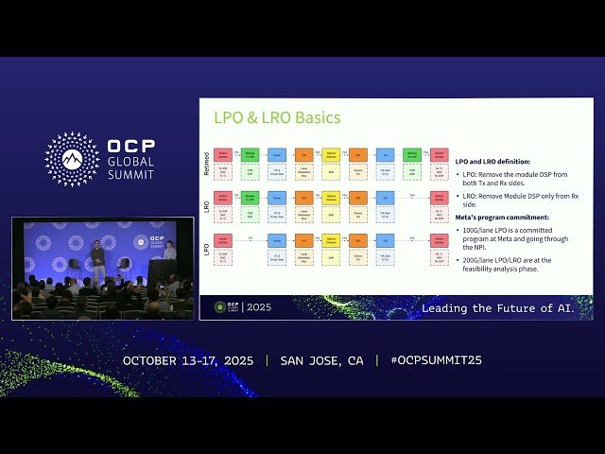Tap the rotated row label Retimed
click(x=207, y=163)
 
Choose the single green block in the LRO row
click(x=250, y=197)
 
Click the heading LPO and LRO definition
click(x=493, y=162)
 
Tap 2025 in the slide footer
click(x=257, y=307)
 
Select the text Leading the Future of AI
click(x=497, y=308)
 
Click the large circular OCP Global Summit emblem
click(x=72, y=158)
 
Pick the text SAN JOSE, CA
click(x=321, y=360)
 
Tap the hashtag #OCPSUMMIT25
click(x=429, y=360)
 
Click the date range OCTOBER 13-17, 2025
click(x=189, y=360)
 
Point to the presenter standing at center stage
click(x=97, y=261)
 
